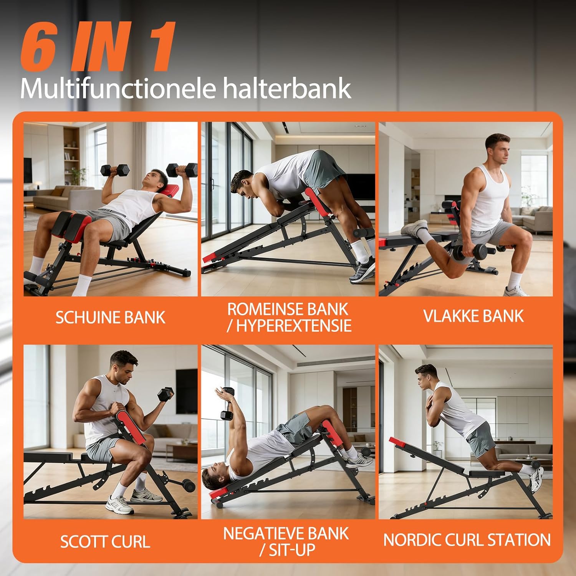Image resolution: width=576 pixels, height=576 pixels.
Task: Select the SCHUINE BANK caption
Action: point(110,318)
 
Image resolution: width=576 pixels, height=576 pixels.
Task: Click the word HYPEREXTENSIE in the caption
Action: point(294,326)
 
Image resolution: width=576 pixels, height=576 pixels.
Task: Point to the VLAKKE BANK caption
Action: point(473,316)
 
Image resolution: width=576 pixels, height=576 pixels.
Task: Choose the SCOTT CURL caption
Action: point(105,541)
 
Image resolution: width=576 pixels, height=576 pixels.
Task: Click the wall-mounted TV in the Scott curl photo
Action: point(187,392)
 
